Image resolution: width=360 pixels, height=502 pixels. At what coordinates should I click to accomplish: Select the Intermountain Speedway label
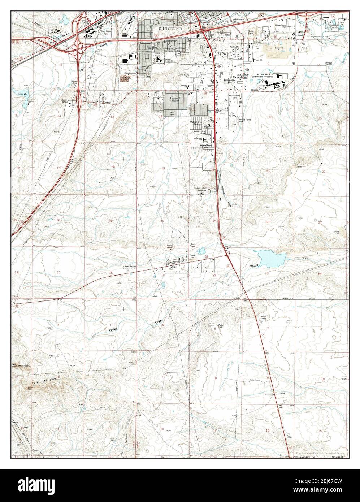pyautogui.click(x=202, y=189)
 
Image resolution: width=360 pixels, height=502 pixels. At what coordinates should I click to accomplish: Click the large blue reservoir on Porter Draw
pyautogui.click(x=270, y=257)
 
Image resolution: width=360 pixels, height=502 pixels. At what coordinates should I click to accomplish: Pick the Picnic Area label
pyautogui.click(x=75, y=82)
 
